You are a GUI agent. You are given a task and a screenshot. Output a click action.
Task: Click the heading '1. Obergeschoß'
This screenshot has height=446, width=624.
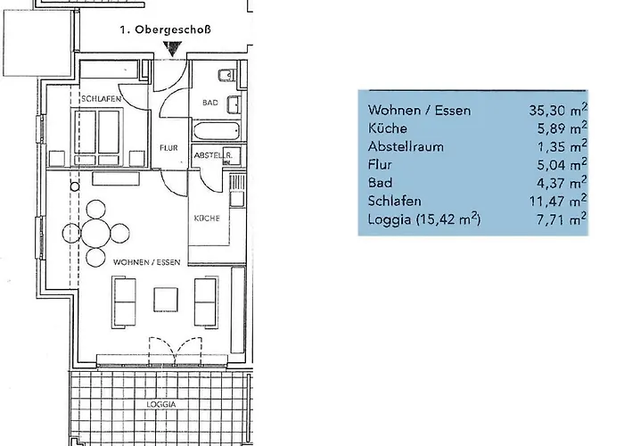coord(165,30)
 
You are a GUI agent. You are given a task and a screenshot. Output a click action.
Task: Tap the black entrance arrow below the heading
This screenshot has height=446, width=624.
coord(172,49)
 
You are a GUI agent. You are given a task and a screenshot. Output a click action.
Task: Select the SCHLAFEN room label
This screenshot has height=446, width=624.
coord(101,99)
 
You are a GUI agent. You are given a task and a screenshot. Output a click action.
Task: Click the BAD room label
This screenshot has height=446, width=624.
coord(210,103)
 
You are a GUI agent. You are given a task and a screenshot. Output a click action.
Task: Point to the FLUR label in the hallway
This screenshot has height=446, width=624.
coord(168,148)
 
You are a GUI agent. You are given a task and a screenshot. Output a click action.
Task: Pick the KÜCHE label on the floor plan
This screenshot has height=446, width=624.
coord(207,219)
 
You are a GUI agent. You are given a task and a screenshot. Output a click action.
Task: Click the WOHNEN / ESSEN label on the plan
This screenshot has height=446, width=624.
coord(147,262)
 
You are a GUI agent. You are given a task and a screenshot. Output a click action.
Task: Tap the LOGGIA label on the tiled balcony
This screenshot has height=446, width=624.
coord(161,404)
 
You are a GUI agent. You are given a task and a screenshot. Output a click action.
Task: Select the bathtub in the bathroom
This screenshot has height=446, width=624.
coord(216,131)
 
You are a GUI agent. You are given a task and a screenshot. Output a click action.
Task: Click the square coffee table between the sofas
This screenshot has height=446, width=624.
coord(166,300)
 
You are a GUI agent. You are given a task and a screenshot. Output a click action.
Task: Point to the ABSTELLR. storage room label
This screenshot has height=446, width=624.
coord(213,155)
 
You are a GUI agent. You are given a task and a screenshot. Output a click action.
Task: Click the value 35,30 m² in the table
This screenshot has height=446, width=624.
coord(558,109)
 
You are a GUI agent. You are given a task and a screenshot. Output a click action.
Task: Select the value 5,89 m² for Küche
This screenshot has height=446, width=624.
coord(562,128)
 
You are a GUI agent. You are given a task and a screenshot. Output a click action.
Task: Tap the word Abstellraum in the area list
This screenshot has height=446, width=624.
coord(406,146)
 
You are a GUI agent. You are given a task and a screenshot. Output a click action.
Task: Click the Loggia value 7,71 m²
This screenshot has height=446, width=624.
coord(562,219)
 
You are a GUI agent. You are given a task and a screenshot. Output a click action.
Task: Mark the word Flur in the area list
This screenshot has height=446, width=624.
coord(380,164)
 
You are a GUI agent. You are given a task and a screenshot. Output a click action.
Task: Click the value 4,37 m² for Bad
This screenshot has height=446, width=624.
coord(562,182)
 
